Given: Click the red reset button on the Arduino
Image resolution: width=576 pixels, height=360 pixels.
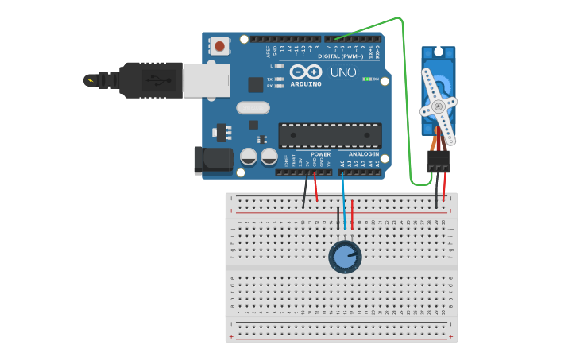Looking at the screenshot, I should (x=219, y=47).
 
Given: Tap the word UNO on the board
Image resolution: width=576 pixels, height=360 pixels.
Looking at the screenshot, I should (x=343, y=73).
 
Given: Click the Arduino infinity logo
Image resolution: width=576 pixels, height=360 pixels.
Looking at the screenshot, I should (x=305, y=72).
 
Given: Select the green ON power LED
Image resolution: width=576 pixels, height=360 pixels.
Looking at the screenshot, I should (x=368, y=79).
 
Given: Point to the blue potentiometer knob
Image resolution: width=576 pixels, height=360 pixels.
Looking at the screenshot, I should (x=345, y=257).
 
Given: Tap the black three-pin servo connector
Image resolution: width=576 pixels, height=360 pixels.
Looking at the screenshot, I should (x=439, y=161).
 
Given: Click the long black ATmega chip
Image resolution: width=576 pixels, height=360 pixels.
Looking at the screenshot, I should (x=329, y=135).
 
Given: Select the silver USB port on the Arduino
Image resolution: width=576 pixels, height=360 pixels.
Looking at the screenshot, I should (x=207, y=80).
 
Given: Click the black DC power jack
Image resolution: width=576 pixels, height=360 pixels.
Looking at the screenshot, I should (x=213, y=160).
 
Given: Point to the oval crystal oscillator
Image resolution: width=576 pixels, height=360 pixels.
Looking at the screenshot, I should (x=253, y=107).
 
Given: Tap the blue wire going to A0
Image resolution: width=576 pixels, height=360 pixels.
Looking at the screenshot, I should (x=343, y=199).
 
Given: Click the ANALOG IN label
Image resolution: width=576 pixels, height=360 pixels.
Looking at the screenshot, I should (x=365, y=154).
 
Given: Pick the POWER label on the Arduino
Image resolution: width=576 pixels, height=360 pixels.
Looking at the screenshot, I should (x=320, y=154).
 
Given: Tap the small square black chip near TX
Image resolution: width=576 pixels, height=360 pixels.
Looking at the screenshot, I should (x=255, y=84).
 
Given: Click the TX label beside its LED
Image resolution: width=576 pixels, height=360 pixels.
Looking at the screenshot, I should (x=270, y=79).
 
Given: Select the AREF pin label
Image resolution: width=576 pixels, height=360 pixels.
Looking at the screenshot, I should (x=268, y=52).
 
